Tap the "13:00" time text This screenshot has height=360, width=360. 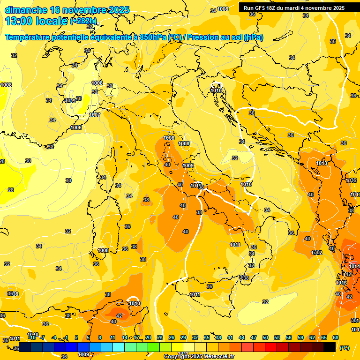(19, 21)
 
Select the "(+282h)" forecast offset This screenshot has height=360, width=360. (83, 21)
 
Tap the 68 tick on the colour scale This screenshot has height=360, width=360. (336, 337)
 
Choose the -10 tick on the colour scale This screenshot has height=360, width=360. (32, 337)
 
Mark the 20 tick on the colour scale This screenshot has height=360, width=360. (148, 337)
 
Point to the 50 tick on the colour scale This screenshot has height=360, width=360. (265, 337)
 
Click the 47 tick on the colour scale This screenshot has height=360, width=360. (254, 337)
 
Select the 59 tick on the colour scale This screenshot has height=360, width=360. (300, 337)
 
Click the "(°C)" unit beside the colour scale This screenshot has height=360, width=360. (345, 348)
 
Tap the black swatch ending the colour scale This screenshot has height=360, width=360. (330, 347)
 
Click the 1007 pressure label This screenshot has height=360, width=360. (95, 115)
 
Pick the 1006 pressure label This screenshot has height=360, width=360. (76, 128)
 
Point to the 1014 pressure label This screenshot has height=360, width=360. (354, 267)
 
